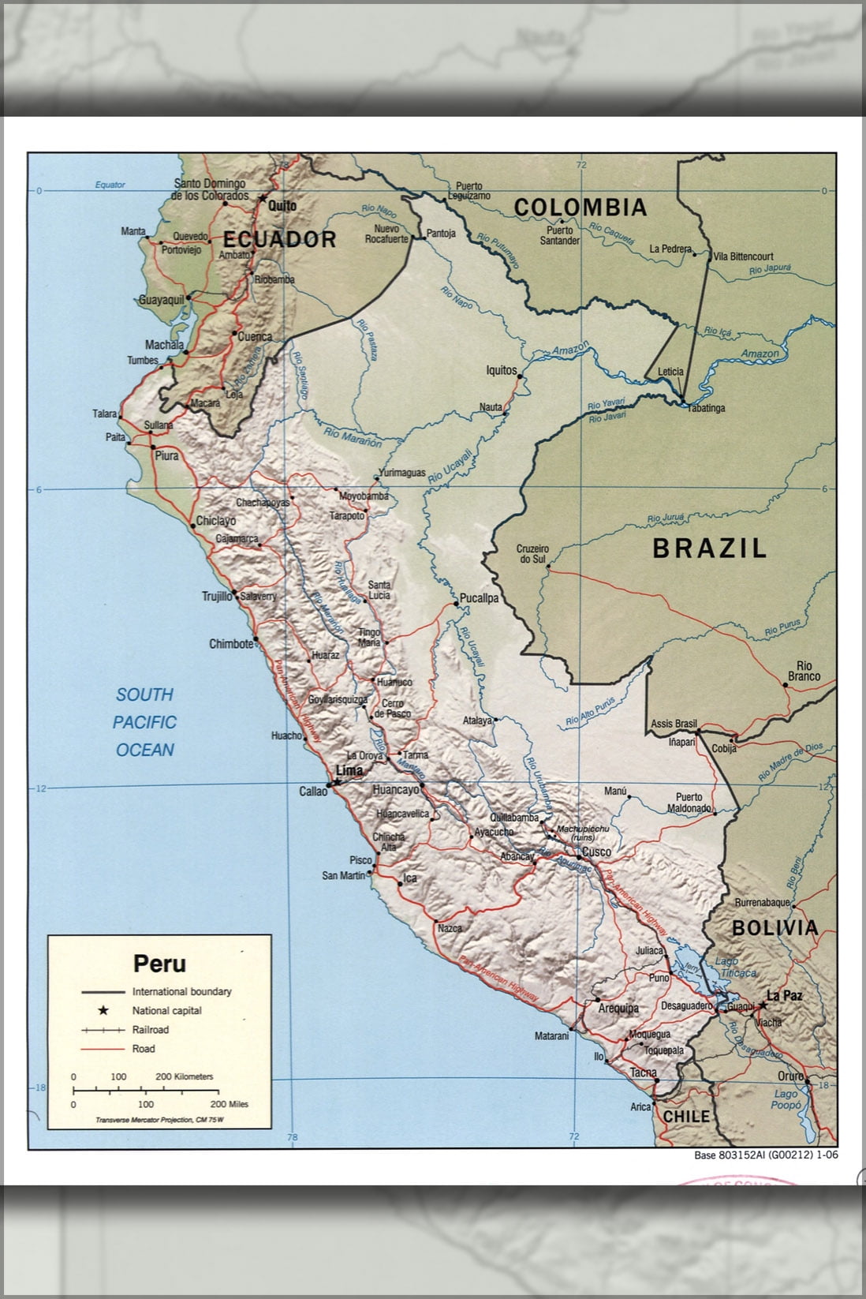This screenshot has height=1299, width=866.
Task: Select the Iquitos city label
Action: coord(501,370)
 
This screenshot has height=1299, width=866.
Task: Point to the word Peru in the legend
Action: coord(159,964)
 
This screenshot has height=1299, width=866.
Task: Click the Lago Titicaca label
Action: coord(735,968)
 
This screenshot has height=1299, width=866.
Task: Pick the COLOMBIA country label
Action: coord(580,208)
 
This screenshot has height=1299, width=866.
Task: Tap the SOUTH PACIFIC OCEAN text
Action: coord(145,722)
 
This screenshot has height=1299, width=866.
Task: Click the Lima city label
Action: coord(349,770)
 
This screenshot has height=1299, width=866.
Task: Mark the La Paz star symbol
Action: coord(762,1005)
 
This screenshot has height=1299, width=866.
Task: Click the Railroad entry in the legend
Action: coord(150,1030)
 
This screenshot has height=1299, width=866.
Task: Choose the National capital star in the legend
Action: coord(103,1010)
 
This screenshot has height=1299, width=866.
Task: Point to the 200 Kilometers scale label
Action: coord(184,1076)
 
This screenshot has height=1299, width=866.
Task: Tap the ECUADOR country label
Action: coord(280,239)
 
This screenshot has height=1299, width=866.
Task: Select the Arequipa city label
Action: coord(618,1009)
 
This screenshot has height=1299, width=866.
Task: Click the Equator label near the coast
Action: coord(110,185)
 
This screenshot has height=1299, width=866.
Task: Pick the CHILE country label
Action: coord(686,1116)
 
